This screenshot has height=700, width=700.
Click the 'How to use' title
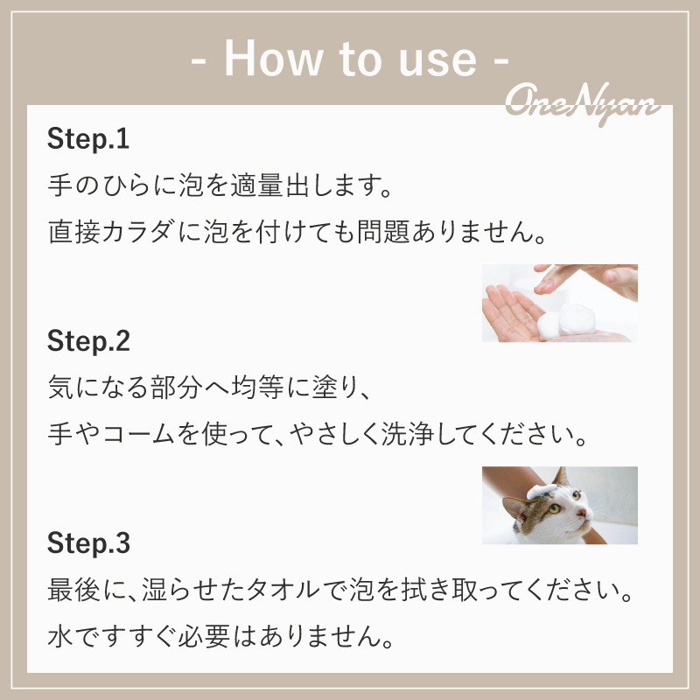pos(350,59)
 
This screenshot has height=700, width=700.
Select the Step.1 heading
pos(88,139)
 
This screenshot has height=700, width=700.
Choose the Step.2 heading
pos(88,341)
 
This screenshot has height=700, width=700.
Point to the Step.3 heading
pos(88,543)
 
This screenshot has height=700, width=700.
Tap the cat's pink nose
pos(582,513)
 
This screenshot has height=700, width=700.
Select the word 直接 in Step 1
pos(73,232)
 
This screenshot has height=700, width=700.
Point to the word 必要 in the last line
pos(204,636)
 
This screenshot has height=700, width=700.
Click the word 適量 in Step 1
pos(256,185)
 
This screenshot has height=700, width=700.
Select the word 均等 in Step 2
pos(257,388)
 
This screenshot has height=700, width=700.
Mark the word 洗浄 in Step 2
pos(408,434)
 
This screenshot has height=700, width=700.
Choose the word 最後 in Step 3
pos(73,590)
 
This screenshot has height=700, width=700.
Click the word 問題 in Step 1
pos(383,232)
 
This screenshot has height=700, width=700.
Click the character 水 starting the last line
pos(60,636)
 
